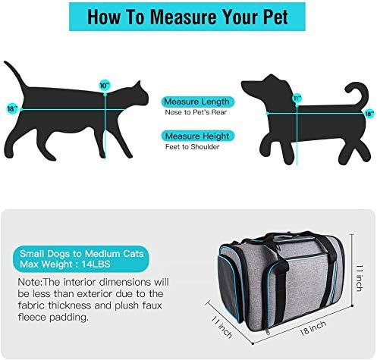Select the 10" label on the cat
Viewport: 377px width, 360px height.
[x=103, y=85]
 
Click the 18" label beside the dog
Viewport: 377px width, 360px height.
[x=369, y=114]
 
